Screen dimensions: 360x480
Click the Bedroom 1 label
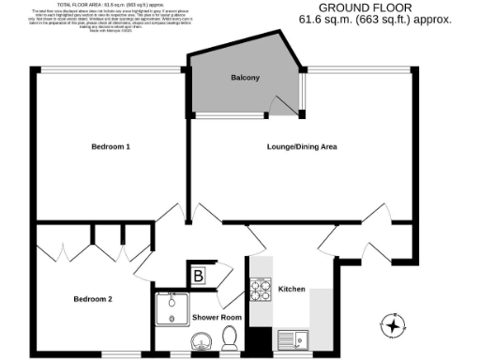point(110,147)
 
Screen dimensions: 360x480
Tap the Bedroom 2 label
point(93,299)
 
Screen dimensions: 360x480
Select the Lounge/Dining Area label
point(302,147)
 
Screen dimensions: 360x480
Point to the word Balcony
point(246,78)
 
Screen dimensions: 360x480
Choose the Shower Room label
point(217,318)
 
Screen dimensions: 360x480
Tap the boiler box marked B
point(199,276)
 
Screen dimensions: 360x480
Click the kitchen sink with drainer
point(294,339)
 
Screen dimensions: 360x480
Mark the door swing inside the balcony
point(279,105)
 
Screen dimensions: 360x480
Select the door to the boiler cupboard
point(222,274)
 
